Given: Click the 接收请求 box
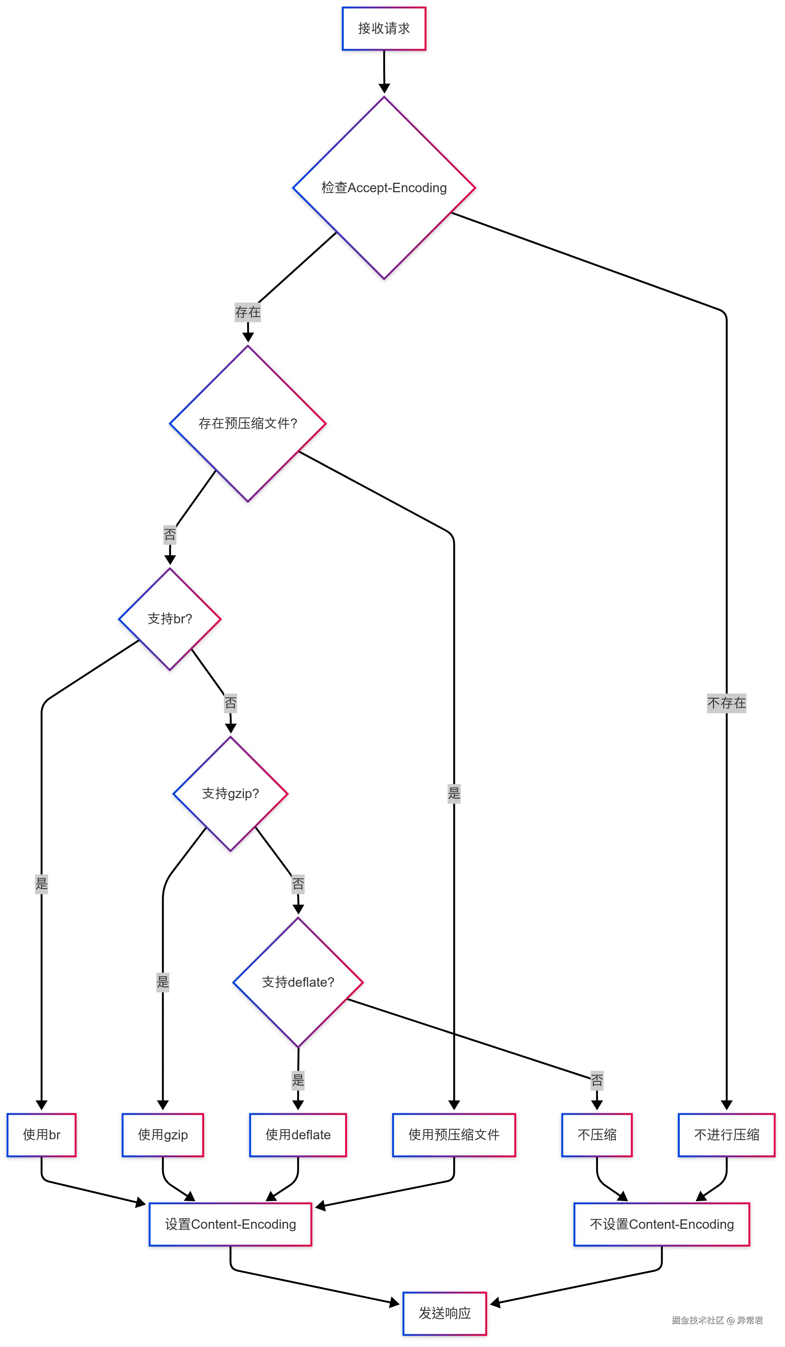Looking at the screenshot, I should (384, 29).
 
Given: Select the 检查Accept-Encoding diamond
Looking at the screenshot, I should (384, 188).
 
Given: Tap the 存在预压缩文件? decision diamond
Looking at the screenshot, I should (247, 423).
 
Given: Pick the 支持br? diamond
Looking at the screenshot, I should (169, 619).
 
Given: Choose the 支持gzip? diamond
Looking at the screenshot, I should (230, 794).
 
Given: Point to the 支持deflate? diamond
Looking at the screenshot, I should (298, 983).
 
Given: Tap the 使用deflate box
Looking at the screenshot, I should (298, 1135).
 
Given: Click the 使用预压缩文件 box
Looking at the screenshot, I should (454, 1135).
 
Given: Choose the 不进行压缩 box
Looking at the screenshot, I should (726, 1135).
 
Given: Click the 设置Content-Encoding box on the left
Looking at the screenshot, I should (230, 1224).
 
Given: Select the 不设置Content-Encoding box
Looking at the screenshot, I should (662, 1224).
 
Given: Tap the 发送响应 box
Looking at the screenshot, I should (445, 1313).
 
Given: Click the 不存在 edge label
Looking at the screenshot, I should (726, 703).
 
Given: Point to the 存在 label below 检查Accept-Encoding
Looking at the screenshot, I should (247, 312).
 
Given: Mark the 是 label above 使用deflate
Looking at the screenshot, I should (298, 1080).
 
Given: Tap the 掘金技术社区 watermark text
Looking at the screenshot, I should (697, 1320).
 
